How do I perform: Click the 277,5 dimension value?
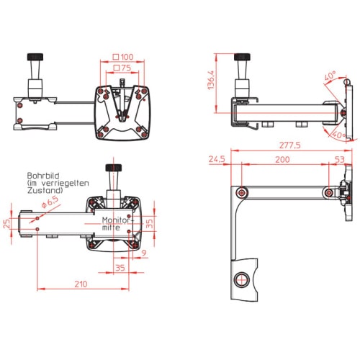(x=289, y=145)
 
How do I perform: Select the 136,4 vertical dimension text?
(x=211, y=80)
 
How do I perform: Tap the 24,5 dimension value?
(x=217, y=159)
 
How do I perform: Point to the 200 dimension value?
(x=282, y=160)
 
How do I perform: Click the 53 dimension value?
(x=340, y=159)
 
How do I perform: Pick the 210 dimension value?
(x=81, y=284)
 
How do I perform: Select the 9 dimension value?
(x=144, y=253)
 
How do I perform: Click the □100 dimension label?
(x=123, y=57)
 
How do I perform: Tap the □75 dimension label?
(x=122, y=68)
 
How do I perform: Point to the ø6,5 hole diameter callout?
(x=50, y=202)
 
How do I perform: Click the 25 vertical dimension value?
(x=6, y=223)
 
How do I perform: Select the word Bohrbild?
(x=43, y=176)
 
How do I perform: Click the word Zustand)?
(x=45, y=190)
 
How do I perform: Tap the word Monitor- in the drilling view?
(x=118, y=220)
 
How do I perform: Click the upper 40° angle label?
(x=330, y=76)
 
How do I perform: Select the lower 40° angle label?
(x=339, y=135)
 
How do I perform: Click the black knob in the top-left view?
(x=35, y=57)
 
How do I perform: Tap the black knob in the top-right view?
(x=242, y=57)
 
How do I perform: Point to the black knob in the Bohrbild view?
(x=114, y=168)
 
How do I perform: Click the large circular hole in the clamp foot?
(x=242, y=279)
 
